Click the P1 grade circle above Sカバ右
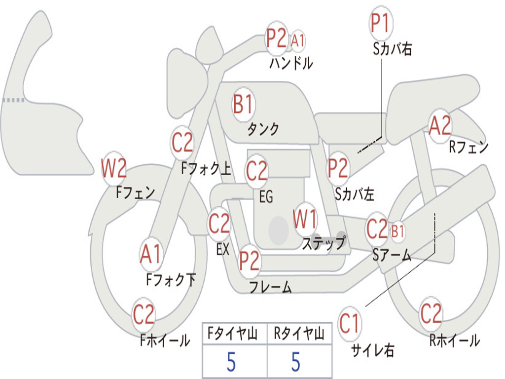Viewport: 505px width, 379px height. pyautogui.click(x=380, y=23)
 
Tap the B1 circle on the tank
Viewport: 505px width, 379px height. pyautogui.click(x=243, y=105)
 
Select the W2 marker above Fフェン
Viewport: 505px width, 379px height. pyautogui.click(x=114, y=169)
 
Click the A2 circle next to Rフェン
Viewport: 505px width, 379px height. pyautogui.click(x=439, y=126)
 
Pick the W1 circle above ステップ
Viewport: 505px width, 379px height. pyautogui.click(x=305, y=220)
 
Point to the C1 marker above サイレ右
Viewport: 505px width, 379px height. pyautogui.click(x=350, y=324)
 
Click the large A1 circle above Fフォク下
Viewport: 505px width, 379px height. pyautogui.click(x=150, y=255)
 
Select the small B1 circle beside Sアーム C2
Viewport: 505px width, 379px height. pyautogui.click(x=397, y=230)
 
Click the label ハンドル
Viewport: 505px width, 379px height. pyautogui.click(x=291, y=64)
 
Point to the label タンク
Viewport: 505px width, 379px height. pyautogui.click(x=263, y=129)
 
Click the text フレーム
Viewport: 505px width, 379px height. pyautogui.click(x=270, y=287)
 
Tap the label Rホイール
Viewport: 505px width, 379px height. pyautogui.click(x=454, y=340)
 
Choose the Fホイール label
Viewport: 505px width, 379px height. pyautogui.click(x=165, y=340)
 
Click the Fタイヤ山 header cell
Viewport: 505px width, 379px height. pyautogui.click(x=234, y=335)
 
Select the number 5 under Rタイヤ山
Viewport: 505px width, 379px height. pyautogui.click(x=295, y=362)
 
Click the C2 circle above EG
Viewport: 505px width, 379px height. pyautogui.click(x=256, y=171)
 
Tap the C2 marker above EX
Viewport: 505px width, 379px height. pyautogui.click(x=219, y=225)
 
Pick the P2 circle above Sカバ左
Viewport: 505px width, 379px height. pyautogui.click(x=338, y=168)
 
